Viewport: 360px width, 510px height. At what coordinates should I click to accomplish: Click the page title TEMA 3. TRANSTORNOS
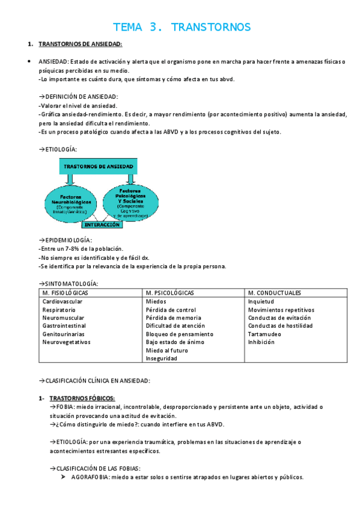tap(182, 27)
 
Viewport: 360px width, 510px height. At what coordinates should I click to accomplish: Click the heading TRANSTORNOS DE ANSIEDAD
tap(80, 45)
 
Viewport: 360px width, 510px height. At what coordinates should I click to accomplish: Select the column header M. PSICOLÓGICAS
tap(169, 293)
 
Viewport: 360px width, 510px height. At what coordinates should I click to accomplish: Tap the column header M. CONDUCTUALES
tap(275, 293)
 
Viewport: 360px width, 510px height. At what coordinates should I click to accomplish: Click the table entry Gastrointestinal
tap(64, 325)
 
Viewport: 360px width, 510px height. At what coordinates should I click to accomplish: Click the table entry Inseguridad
tap(161, 358)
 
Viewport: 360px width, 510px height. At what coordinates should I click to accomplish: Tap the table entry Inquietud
tap(261, 301)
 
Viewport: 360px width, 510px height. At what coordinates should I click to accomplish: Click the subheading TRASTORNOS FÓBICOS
tap(82, 398)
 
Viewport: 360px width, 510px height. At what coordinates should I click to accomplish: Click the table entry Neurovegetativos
tap(67, 342)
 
